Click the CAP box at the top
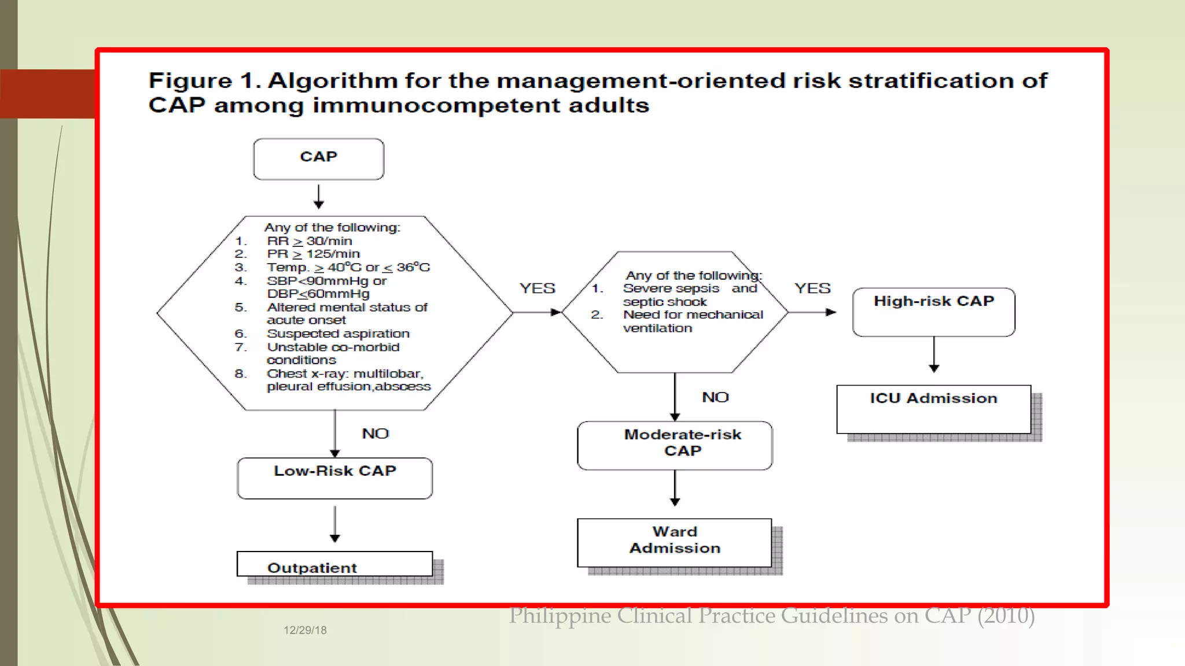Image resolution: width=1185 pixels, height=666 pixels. [x=318, y=159]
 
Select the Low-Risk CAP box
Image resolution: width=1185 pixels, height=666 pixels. [x=334, y=478]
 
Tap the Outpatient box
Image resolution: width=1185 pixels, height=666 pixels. [x=334, y=565]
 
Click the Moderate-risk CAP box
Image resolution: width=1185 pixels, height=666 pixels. [x=675, y=445]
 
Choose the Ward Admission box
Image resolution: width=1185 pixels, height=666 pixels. [x=675, y=542]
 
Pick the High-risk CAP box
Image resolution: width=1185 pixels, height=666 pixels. [x=933, y=312]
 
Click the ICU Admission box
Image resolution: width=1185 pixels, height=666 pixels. [x=933, y=409]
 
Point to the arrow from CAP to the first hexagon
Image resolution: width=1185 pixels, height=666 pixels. [x=318, y=197]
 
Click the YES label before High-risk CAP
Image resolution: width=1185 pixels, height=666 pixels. [x=812, y=288]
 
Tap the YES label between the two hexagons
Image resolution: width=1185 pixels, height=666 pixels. [x=537, y=288]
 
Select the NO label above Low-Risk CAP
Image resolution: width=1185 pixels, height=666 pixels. [x=375, y=434]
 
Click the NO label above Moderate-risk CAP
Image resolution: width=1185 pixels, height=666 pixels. [x=715, y=397]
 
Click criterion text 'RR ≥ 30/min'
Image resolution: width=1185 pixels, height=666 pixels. [x=310, y=241]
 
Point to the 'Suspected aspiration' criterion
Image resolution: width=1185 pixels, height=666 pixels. [x=338, y=334]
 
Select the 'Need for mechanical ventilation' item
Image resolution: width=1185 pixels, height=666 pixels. [x=693, y=321]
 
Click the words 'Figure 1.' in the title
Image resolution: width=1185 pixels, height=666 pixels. [x=205, y=80]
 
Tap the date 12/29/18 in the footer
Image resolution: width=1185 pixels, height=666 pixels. [x=305, y=630]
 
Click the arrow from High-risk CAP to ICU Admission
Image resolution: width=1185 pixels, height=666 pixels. [x=934, y=354]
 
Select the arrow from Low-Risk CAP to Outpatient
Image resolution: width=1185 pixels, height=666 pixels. [x=334, y=524]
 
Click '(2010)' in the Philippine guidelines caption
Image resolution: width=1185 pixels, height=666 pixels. [x=1006, y=616]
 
